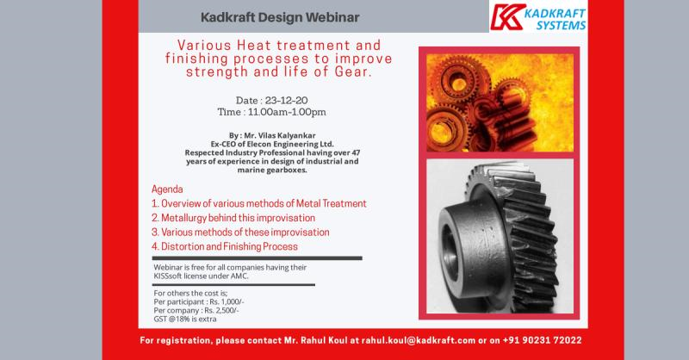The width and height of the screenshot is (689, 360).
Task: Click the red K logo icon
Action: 508,17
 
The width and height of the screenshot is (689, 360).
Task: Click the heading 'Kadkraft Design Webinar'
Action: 280,17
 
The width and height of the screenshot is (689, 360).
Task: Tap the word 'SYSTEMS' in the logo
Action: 562,26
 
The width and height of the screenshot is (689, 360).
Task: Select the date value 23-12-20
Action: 286,100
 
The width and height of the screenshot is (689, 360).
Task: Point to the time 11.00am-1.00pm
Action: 287,112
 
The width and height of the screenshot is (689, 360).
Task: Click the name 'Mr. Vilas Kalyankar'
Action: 279,135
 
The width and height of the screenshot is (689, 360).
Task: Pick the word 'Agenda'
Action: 167,189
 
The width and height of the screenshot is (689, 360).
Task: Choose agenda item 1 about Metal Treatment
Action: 259,203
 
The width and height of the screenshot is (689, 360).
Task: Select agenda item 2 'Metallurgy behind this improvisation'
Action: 233,218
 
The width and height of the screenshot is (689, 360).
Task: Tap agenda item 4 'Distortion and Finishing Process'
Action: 225,246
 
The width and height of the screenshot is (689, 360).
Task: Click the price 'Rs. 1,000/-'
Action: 227,302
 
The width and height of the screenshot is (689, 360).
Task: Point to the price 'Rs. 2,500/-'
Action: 221,310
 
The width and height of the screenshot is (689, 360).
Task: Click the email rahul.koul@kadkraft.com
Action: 419,340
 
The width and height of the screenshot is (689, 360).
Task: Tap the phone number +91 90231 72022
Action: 543,340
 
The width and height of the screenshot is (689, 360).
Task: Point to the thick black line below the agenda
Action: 257,258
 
